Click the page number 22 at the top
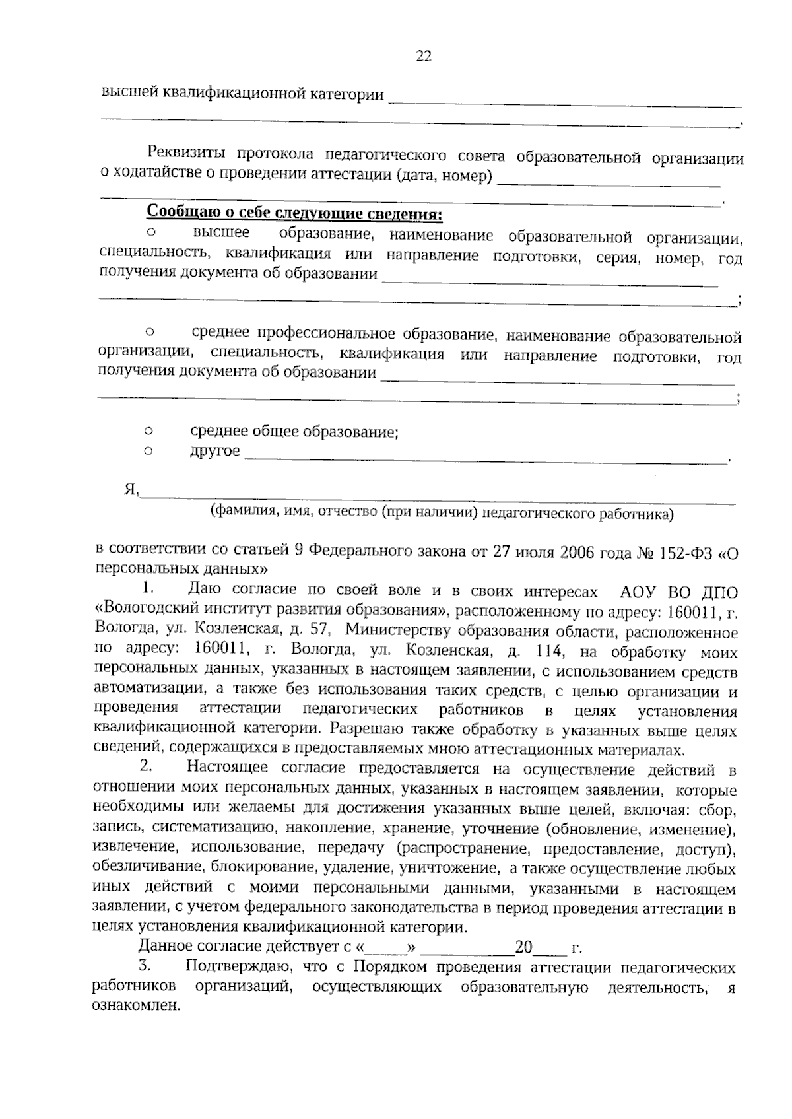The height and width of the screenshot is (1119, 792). tap(423, 57)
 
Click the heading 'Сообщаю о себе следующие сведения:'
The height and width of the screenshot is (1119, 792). tap(294, 214)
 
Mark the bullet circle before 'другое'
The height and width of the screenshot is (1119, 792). tap(148, 452)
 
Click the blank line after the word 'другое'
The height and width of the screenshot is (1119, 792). tap(485, 458)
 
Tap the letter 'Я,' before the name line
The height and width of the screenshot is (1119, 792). tap(130, 490)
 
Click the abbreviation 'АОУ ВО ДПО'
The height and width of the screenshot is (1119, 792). tap(676, 592)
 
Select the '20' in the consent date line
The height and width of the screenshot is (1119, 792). tap(523, 949)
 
